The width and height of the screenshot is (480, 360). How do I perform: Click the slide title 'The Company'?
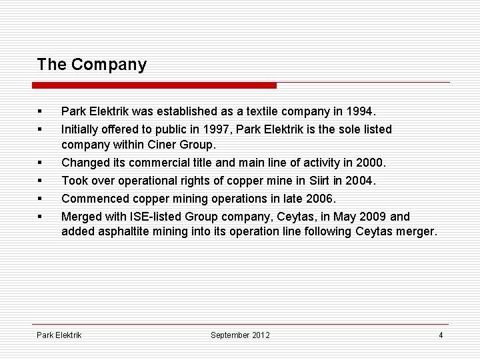pos(92,65)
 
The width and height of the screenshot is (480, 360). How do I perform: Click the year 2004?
pos(361,180)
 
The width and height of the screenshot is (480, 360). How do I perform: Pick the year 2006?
pos(322,197)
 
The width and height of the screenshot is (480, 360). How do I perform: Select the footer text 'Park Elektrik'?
pos(59,335)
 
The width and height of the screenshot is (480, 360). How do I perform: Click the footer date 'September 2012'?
pos(240,335)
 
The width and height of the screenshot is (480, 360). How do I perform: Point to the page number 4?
pos(441,335)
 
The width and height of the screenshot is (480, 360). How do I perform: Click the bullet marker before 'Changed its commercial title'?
pos(41,163)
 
